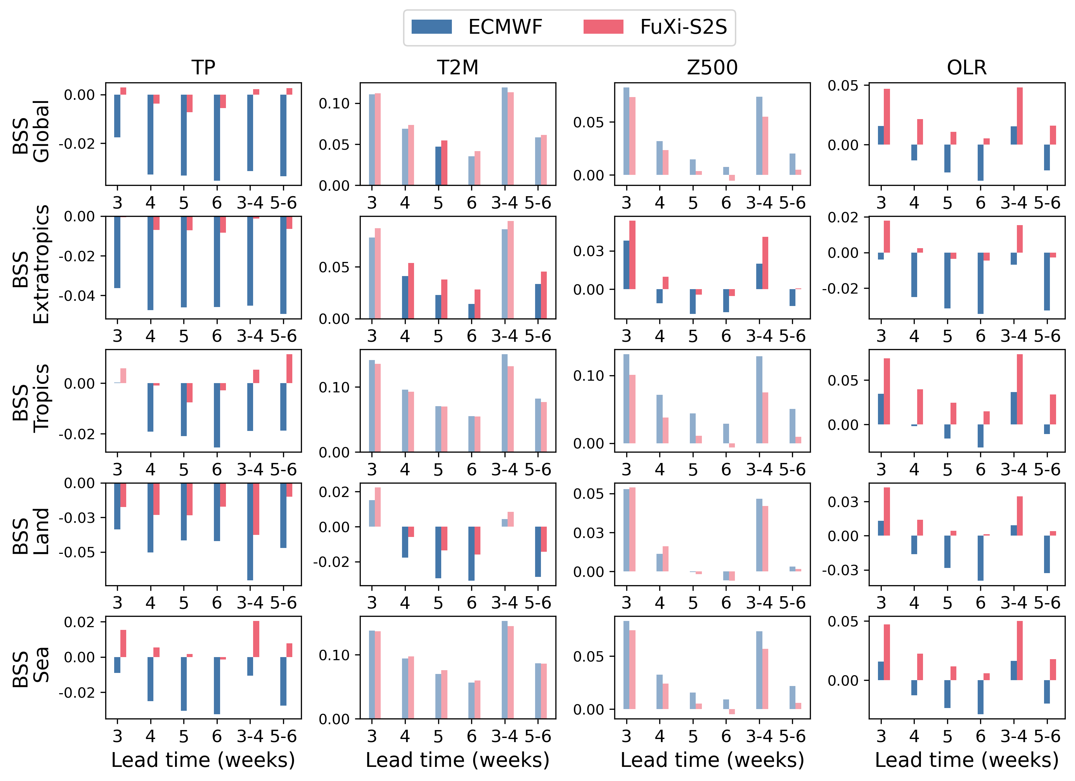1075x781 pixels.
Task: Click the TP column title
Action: [x=203, y=68]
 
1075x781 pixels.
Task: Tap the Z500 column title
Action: [x=713, y=68]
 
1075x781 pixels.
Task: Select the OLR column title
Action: [x=967, y=68]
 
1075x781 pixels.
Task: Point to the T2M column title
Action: [x=458, y=68]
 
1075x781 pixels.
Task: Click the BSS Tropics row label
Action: [x=31, y=399]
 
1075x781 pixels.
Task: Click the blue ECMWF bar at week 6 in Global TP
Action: [x=217, y=138]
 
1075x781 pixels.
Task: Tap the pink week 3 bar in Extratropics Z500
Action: [x=632, y=255]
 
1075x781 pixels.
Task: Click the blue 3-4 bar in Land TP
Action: [x=250, y=531]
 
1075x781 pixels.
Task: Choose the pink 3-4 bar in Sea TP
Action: [x=256, y=638]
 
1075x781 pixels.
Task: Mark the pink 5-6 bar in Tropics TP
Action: [x=289, y=369]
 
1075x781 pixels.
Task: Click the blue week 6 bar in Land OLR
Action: [x=980, y=558]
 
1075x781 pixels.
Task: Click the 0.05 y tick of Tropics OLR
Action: [x=842, y=381]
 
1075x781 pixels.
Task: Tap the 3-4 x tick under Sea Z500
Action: [x=759, y=736]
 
